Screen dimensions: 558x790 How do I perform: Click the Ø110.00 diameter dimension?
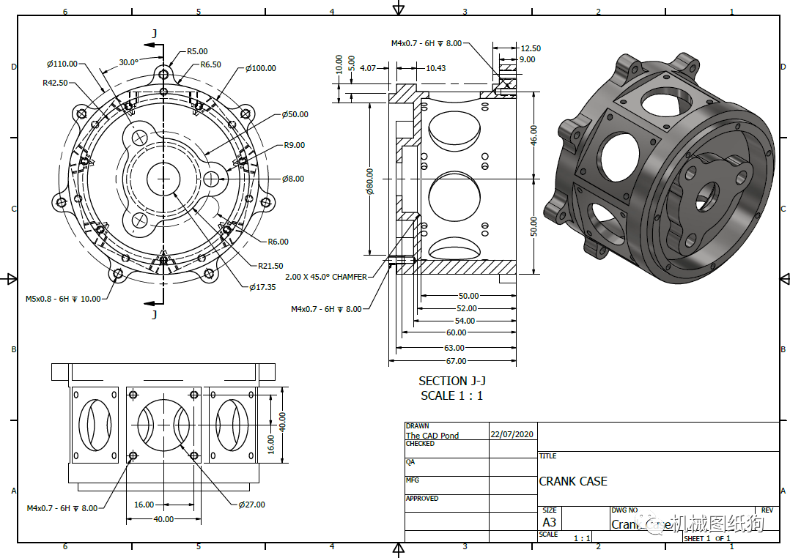(62, 63)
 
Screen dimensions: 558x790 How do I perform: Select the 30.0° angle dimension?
(128, 62)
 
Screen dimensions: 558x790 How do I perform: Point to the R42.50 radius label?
(55, 83)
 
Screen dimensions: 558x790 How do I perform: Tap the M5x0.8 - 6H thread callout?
(64, 299)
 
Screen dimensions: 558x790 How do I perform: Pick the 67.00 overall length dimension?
(456, 361)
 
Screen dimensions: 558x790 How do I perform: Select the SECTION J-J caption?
(452, 381)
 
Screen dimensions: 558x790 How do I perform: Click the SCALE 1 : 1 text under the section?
(452, 395)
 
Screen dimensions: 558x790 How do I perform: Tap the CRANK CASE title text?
(573, 481)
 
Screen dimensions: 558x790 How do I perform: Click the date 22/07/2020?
(513, 434)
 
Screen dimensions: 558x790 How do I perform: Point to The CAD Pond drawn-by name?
(432, 436)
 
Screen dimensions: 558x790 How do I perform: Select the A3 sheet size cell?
(549, 522)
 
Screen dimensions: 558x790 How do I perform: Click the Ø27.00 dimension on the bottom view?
(251, 505)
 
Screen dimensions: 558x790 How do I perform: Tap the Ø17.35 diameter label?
(262, 287)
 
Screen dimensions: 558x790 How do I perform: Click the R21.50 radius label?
(270, 266)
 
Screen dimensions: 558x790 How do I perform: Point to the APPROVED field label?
(422, 499)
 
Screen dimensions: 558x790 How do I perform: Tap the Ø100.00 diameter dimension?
(260, 68)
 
